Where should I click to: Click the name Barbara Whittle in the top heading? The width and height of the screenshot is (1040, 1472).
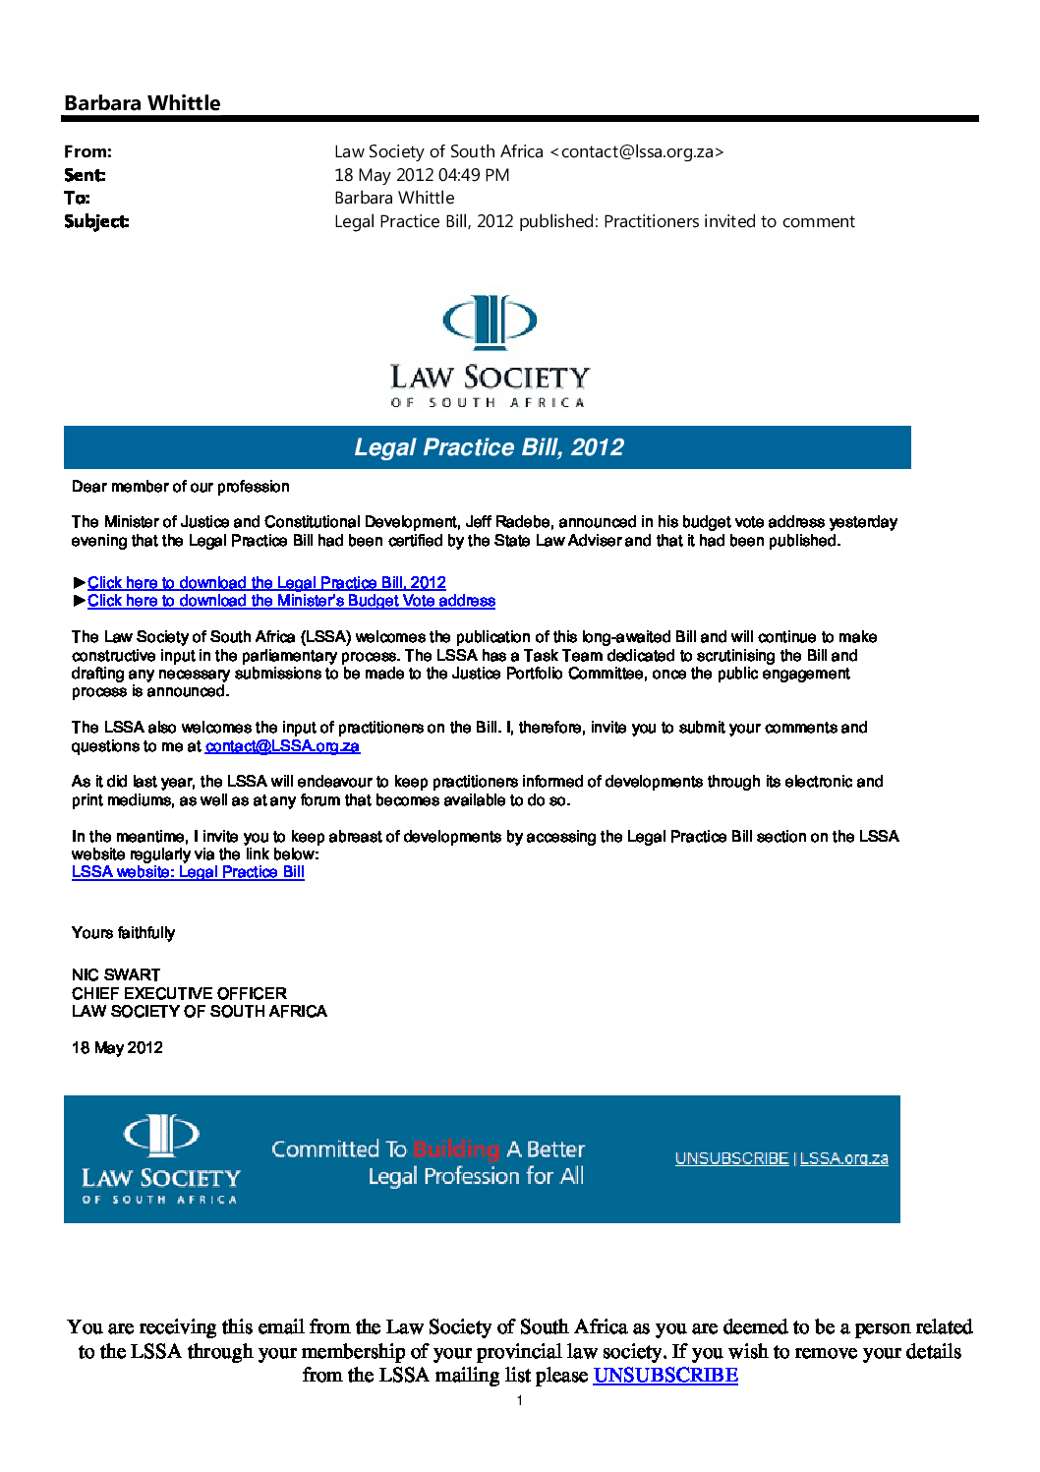click(142, 103)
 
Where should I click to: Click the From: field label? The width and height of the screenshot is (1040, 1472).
click(87, 151)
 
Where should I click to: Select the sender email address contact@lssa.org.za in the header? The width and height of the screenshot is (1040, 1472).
click(637, 151)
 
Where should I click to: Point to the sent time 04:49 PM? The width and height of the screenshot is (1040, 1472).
click(474, 175)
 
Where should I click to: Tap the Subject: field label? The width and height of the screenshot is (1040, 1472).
click(96, 221)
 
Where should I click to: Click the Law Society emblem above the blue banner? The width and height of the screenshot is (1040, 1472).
click(490, 322)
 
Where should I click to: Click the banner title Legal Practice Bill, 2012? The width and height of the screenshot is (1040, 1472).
click(489, 447)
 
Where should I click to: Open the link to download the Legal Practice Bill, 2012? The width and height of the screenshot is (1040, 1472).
click(266, 583)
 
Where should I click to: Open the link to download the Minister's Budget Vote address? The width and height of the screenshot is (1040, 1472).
click(291, 601)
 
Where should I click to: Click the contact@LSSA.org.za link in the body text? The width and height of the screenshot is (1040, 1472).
click(282, 746)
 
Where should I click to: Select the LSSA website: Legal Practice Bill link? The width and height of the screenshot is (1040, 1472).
click(188, 872)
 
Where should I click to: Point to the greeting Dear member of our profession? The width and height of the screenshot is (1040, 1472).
click(181, 487)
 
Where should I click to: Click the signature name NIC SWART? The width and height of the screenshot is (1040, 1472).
click(116, 974)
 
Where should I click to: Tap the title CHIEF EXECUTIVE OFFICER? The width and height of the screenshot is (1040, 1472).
click(179, 993)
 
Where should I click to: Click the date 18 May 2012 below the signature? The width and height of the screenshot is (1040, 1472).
click(117, 1048)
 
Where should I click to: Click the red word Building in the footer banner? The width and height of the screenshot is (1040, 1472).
click(456, 1149)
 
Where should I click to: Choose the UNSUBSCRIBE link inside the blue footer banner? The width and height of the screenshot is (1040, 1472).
click(731, 1158)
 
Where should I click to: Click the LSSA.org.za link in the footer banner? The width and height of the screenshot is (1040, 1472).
click(843, 1158)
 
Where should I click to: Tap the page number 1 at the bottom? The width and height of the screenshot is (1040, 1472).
click(520, 1401)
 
